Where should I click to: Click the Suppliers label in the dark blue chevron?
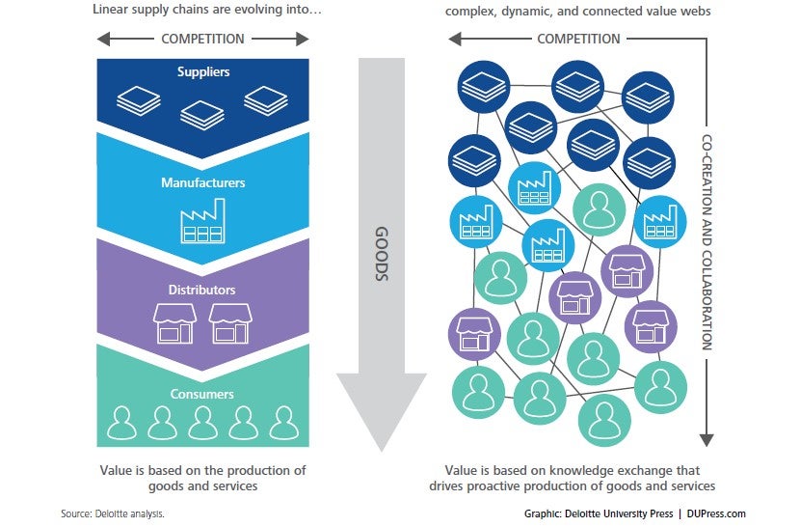click(x=203, y=71)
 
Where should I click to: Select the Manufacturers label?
click(x=203, y=182)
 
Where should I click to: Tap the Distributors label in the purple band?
click(x=202, y=290)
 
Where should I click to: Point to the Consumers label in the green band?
click(x=202, y=394)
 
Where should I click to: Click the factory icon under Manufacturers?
click(x=202, y=221)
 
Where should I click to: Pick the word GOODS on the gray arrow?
click(x=382, y=254)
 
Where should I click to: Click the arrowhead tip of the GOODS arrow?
click(x=381, y=451)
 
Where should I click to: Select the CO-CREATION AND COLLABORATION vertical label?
click(x=707, y=242)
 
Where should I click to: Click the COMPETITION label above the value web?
click(x=578, y=39)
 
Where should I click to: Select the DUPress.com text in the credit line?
click(x=716, y=513)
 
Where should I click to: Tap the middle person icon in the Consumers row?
click(x=202, y=423)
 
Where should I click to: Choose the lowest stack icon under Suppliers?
click(x=202, y=115)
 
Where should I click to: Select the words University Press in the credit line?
click(x=639, y=513)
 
